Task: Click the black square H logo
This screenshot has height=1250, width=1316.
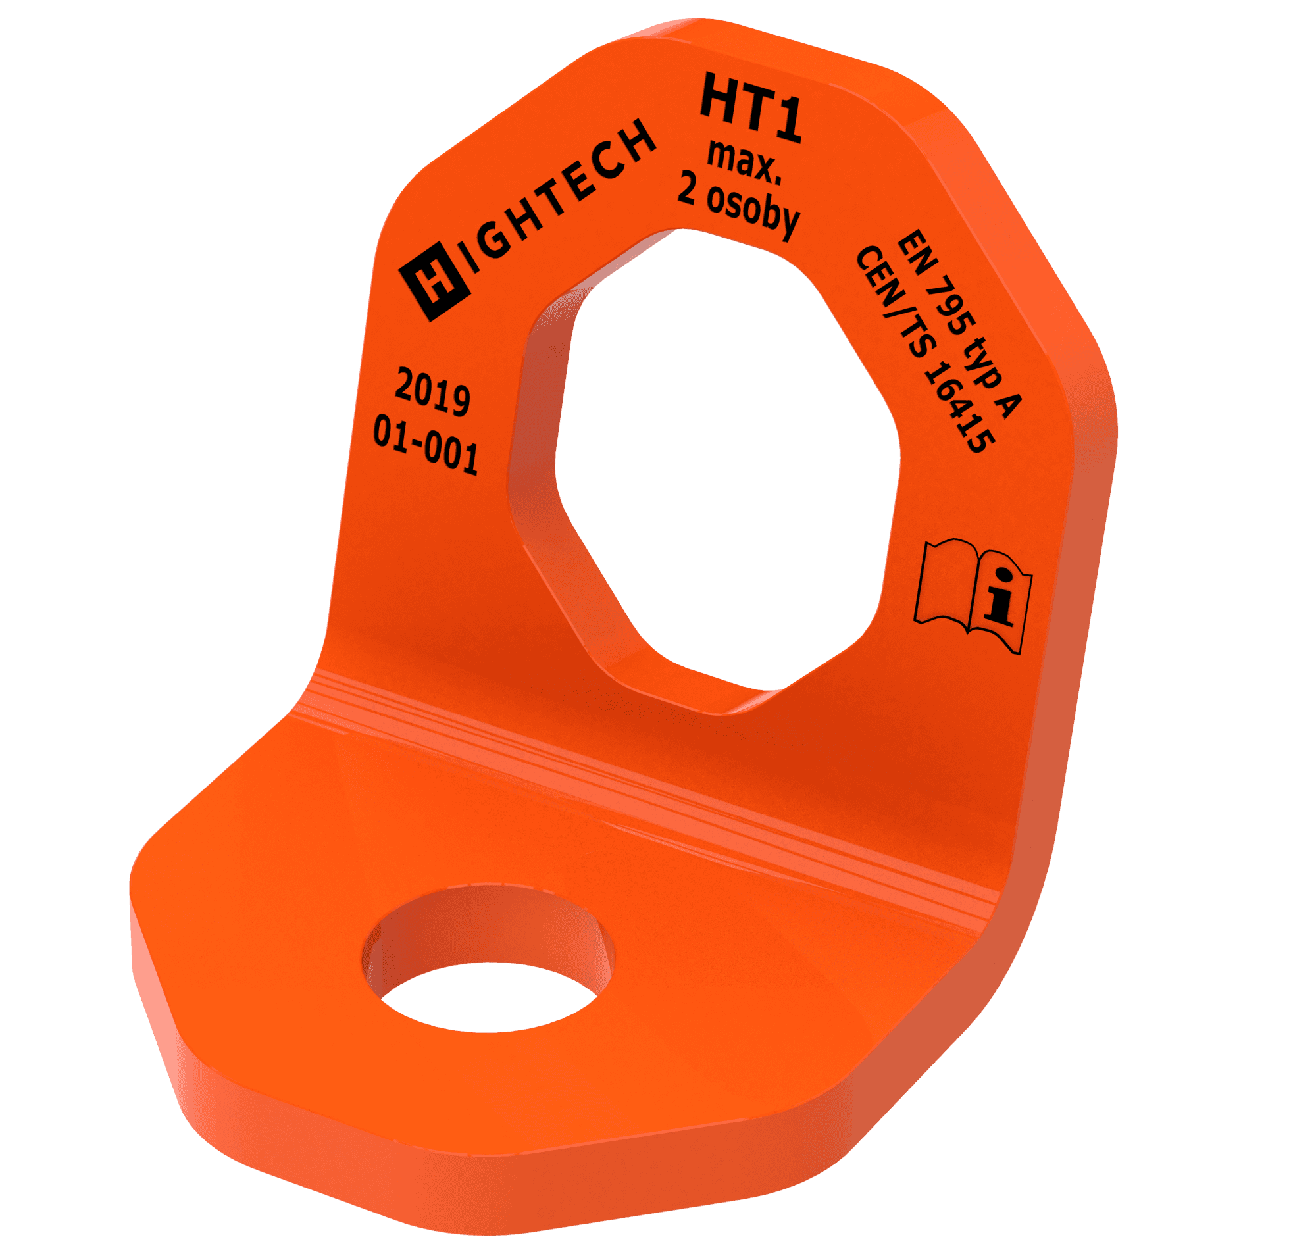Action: [435, 279]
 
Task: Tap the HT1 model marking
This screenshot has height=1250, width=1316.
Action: [750, 108]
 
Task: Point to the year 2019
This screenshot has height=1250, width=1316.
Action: [432, 393]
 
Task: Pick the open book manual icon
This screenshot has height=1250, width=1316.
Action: [973, 595]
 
